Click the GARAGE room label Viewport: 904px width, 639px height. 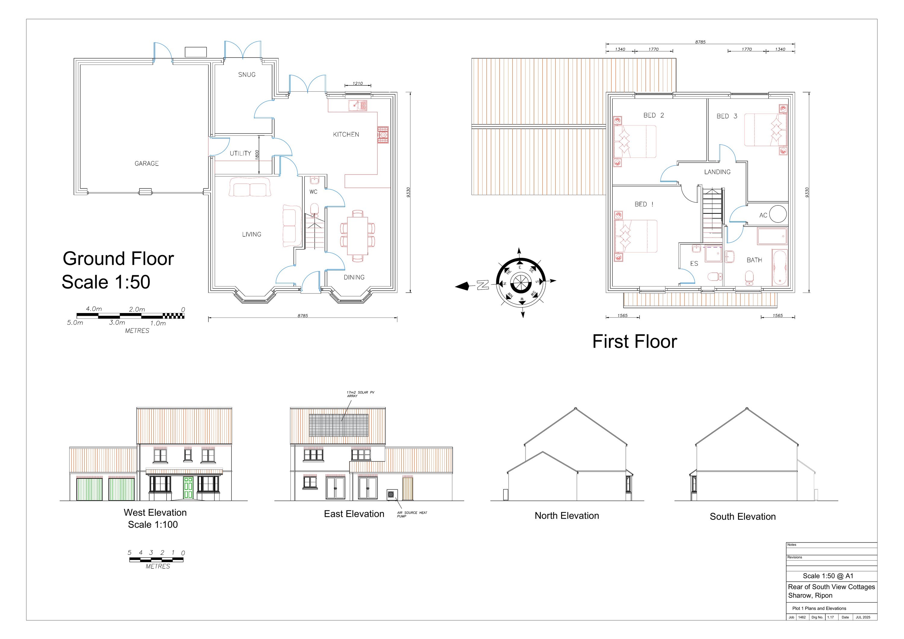(x=146, y=163)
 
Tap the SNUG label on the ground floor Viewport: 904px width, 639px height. (x=247, y=75)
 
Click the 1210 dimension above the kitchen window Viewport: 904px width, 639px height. (x=357, y=84)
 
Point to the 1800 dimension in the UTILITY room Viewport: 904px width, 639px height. (x=257, y=154)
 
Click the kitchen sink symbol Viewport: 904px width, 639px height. (x=357, y=106)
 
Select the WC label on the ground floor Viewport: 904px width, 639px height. (x=313, y=192)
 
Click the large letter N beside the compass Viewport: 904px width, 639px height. (x=483, y=285)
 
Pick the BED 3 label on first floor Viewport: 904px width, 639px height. (x=727, y=116)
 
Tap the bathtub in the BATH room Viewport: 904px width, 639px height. (x=779, y=267)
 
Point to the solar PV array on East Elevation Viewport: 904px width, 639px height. (x=339, y=425)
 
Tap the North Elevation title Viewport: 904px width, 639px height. (x=567, y=516)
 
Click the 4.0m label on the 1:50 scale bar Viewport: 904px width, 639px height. (x=94, y=309)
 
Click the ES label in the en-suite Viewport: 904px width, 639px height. (x=694, y=264)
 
